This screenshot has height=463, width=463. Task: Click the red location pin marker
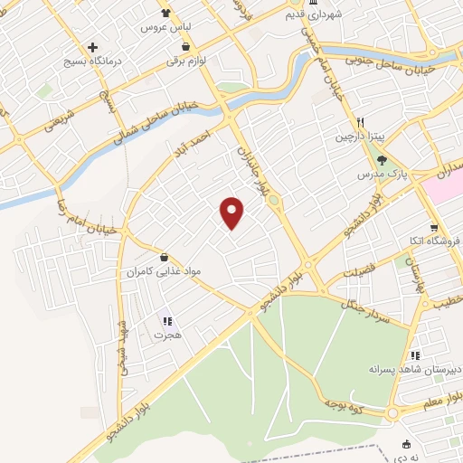(232, 213)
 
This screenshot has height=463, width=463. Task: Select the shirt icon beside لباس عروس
(165, 13)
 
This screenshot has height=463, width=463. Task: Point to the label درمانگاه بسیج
(92, 61)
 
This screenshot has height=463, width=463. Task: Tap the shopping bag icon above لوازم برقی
(185, 46)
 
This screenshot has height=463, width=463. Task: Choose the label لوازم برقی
(185, 61)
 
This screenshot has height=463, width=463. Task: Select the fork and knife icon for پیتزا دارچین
(360, 122)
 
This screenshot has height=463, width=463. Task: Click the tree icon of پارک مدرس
(382, 160)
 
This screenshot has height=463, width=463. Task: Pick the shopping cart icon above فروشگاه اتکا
(434, 227)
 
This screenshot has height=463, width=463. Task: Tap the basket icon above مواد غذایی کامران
(164, 257)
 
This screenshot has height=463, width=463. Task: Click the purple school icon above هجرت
(166, 320)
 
